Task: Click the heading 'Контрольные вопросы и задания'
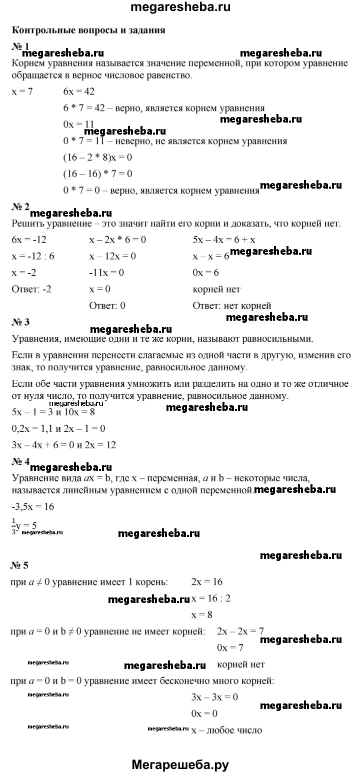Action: pos(88,30)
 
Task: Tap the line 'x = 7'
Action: pos(21,92)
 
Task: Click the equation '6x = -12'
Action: pos(28,240)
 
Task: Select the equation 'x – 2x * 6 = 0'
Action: pos(117,240)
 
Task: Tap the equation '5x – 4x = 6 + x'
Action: pos(224,240)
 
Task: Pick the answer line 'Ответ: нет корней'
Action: pos(231,305)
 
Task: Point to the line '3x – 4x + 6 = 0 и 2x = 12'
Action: pos(63,445)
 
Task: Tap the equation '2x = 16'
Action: pos(206,582)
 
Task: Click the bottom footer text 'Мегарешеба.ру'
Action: pos(180,764)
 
